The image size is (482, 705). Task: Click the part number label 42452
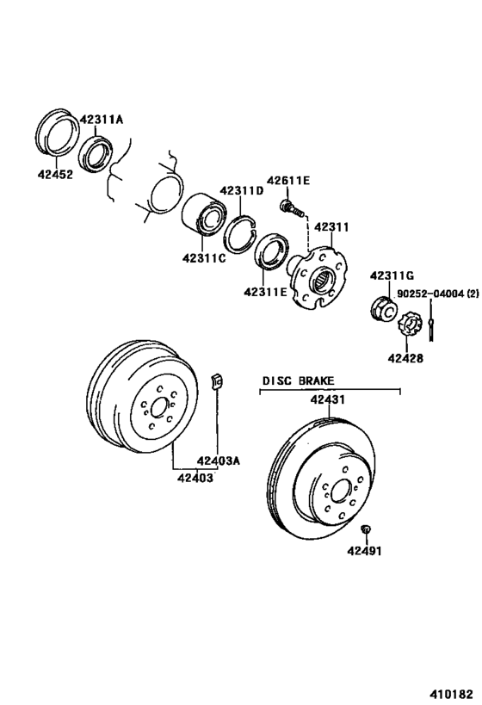[55, 173]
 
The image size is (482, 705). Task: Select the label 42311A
[102, 120]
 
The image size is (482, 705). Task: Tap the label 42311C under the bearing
[203, 257]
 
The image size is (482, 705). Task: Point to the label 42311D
[241, 190]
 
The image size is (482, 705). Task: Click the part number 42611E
[287, 180]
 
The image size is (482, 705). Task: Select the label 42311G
[392, 275]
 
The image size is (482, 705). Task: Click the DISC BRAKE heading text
[299, 380]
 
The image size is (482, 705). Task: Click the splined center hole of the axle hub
[324, 277]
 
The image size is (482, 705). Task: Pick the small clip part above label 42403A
[218, 379]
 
